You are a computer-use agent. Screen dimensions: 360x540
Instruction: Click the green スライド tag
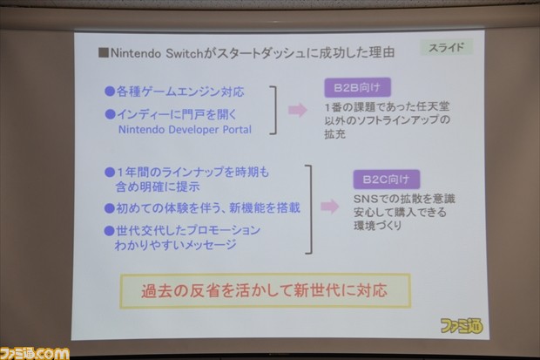(x=446, y=47)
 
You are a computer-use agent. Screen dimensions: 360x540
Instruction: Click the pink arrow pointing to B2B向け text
(x=297, y=110)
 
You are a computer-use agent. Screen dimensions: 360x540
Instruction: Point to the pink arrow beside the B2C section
(x=329, y=207)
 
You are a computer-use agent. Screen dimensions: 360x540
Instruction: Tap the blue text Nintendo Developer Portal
(x=184, y=129)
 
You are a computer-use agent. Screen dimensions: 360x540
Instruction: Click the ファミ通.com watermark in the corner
(x=35, y=351)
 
